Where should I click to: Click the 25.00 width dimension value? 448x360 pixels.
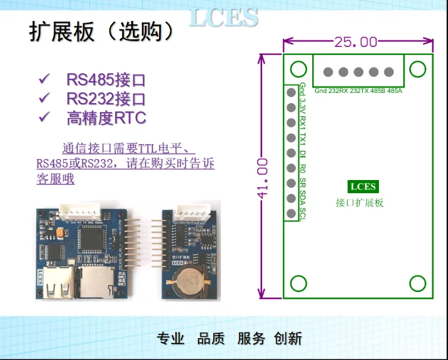point(356,42)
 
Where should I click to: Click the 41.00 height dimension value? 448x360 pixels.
point(263,177)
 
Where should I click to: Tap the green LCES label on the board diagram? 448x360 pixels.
point(363,187)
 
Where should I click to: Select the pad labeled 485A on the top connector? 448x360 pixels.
point(389,72)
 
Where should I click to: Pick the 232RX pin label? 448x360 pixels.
point(337,91)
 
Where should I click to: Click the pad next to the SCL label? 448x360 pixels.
point(291,213)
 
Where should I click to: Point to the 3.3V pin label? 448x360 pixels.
point(303,108)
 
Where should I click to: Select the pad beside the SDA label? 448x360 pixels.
point(291,198)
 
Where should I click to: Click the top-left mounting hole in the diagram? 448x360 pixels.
point(298,69)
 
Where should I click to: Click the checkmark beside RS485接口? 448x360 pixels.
point(43,79)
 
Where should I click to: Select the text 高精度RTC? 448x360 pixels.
point(106,117)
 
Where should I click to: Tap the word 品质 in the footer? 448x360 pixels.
point(211,339)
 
